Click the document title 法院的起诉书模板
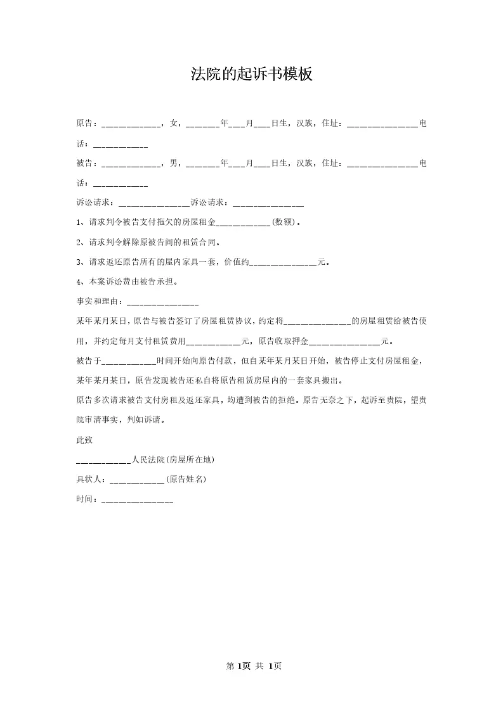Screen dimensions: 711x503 click(252, 75)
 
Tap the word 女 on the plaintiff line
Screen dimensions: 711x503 click(173, 124)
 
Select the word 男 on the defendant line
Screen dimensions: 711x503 click(173, 163)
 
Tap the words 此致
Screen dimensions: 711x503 click(84, 439)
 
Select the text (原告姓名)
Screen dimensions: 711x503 click(186, 480)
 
